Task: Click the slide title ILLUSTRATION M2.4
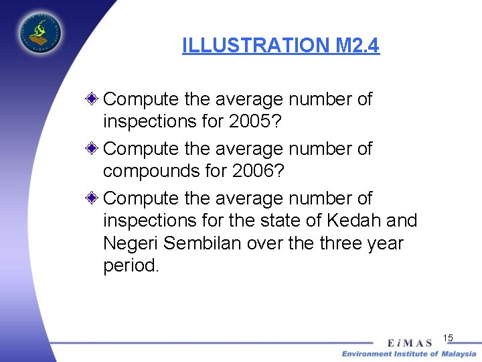click(x=280, y=46)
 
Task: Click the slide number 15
click(x=448, y=338)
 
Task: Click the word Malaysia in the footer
click(x=459, y=353)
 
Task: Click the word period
click(x=131, y=266)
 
